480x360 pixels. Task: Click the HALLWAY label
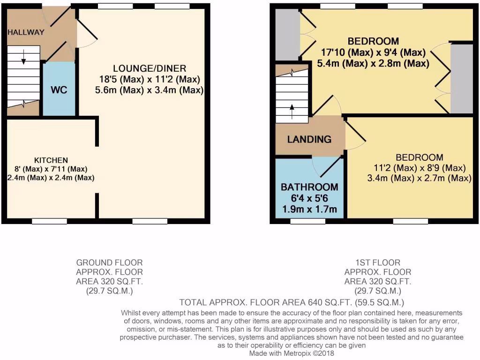(26, 32)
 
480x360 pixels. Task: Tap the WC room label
(59, 90)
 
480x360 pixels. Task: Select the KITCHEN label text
(51, 160)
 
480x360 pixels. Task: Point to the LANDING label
(309, 139)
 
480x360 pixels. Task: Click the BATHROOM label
(309, 187)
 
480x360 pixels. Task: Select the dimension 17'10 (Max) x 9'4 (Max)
(373, 52)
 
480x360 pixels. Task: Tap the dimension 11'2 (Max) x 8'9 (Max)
(419, 168)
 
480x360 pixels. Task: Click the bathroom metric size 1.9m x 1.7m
(309, 209)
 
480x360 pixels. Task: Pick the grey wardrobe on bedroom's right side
(461, 78)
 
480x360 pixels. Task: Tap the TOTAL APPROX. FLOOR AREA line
(292, 302)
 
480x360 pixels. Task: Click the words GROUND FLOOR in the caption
(110, 262)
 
